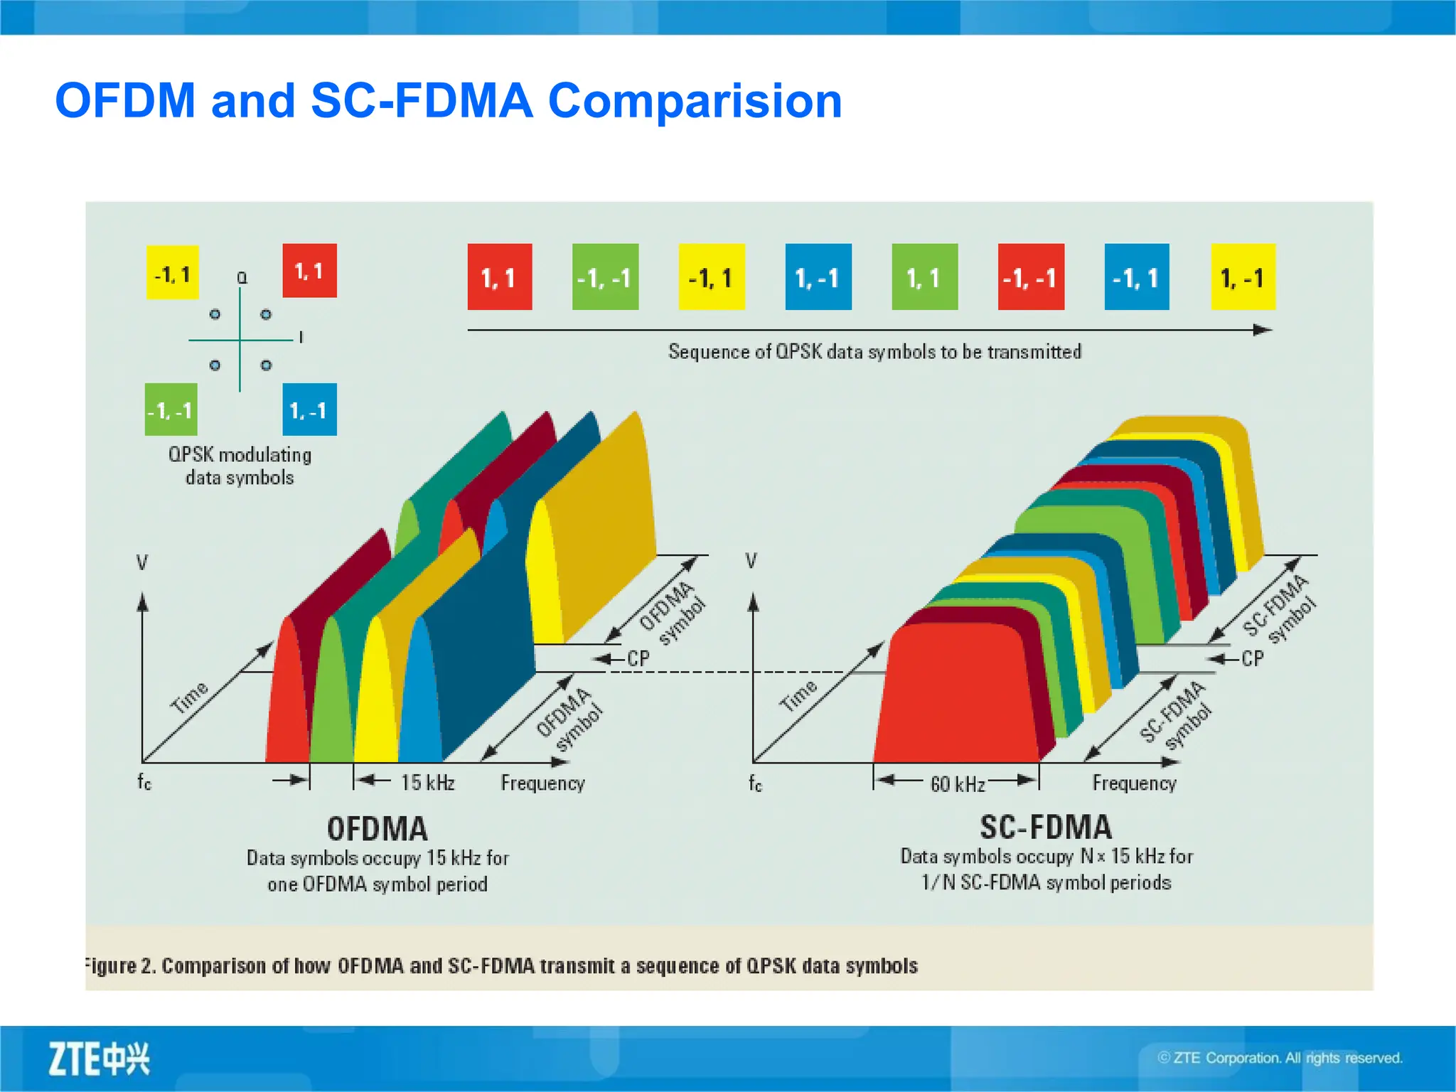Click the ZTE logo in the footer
[x=99, y=1059]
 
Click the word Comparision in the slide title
[x=695, y=100]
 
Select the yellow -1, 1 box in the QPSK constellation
[x=173, y=273]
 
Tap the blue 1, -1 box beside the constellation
[x=309, y=409]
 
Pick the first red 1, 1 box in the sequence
[x=499, y=277]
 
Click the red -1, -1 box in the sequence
[x=1030, y=277]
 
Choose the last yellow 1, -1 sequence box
[x=1243, y=277]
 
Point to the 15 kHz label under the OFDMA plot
[x=427, y=783]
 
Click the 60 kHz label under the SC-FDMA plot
[x=958, y=784]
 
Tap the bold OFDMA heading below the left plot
[x=378, y=829]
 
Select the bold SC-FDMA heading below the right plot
[x=1045, y=828]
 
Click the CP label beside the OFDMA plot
[x=638, y=659]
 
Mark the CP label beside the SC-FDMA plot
[x=1253, y=659]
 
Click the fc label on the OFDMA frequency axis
[x=144, y=782]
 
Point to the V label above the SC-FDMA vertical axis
[x=751, y=561]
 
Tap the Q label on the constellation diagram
[x=242, y=278]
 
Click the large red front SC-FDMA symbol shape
[x=956, y=697]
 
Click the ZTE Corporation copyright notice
[x=1280, y=1058]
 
